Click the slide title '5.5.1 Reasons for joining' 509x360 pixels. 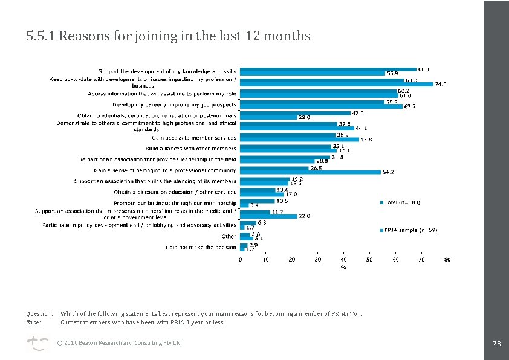[168, 36]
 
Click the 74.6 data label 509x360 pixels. [440, 85]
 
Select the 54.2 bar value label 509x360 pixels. [387, 172]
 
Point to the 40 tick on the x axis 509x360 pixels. [343, 260]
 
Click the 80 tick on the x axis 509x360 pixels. [447, 260]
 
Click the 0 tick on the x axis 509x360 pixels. [240, 260]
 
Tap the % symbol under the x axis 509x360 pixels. [343, 266]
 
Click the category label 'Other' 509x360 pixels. [229, 236]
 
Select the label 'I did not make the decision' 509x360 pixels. [201, 248]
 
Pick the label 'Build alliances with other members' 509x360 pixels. [191, 149]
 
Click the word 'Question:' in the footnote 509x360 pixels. [39, 314]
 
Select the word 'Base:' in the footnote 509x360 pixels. [33, 323]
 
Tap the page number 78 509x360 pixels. [497, 344]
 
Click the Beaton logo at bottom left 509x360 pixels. [35, 343]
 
